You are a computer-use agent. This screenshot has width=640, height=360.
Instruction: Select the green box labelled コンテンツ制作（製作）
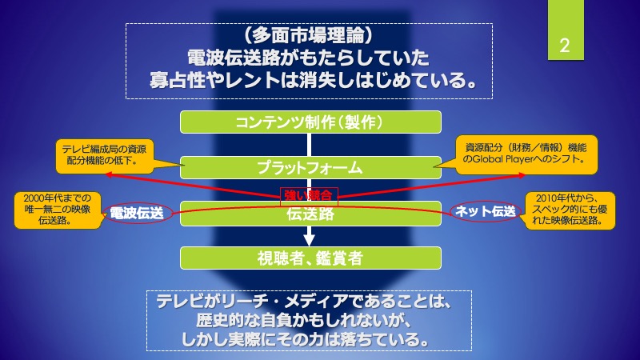(x=310, y=122)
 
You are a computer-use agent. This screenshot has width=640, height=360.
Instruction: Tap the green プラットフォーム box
(x=310, y=168)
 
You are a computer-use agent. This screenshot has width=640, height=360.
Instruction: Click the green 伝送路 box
(x=310, y=214)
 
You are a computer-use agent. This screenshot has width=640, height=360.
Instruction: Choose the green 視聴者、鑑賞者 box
(x=310, y=258)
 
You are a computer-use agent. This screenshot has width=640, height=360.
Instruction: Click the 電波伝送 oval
(x=136, y=213)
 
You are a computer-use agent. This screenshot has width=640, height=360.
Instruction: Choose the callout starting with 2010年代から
(x=570, y=210)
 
